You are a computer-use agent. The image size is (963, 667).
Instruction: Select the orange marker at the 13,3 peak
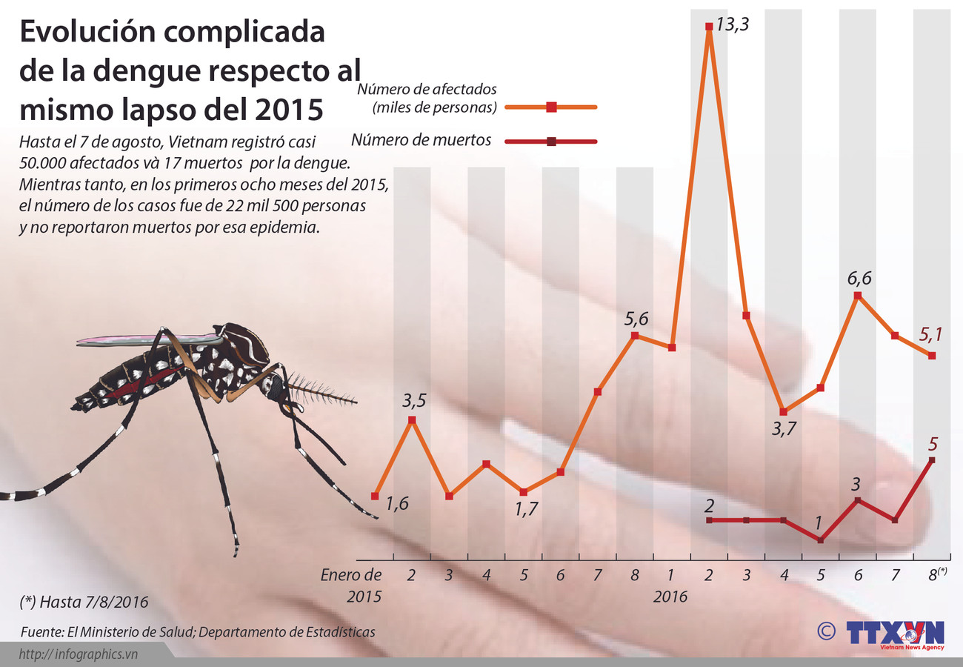pyautogui.click(x=709, y=27)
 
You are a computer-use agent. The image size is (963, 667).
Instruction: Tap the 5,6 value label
pyautogui.click(x=636, y=319)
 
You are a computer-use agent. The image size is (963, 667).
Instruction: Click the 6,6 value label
pyautogui.click(x=859, y=279)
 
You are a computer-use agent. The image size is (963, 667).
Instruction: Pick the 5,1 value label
pyautogui.click(x=930, y=335)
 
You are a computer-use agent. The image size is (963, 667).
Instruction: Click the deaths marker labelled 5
pyautogui.click(x=932, y=460)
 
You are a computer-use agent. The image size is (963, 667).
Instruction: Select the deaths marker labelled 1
pyautogui.click(x=821, y=540)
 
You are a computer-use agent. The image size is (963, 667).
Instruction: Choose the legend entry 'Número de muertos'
pyautogui.click(x=421, y=140)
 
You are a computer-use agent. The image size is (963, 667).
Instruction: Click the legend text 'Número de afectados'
pyautogui.click(x=427, y=90)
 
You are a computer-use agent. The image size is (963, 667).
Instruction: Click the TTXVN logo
pyautogui.click(x=895, y=634)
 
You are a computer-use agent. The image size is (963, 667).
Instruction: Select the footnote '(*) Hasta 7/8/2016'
pyautogui.click(x=84, y=602)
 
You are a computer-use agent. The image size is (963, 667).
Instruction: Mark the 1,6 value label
pyautogui.click(x=397, y=503)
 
